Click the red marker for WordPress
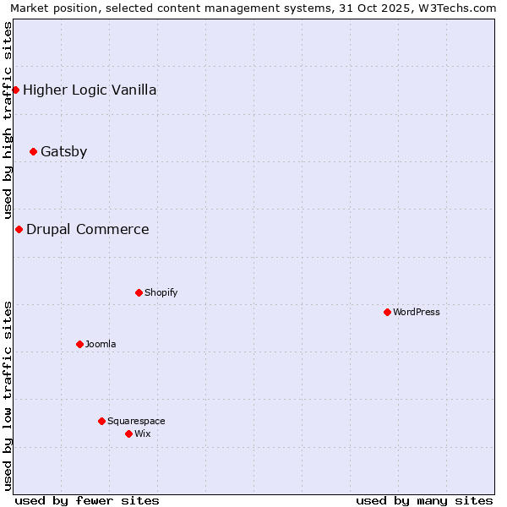[387, 312]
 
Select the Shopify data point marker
[139, 292]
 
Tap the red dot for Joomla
[79, 344]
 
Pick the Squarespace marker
[101, 421]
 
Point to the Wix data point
[128, 433]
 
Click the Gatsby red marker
[33, 152]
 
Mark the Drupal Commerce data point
[19, 229]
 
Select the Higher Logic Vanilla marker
[15, 90]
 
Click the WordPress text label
[417, 312]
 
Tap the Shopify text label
[161, 292]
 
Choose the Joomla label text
[101, 344]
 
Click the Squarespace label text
[136, 421]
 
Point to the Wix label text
[142, 433]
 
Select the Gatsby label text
[63, 152]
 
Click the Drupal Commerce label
[87, 229]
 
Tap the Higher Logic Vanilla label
[90, 90]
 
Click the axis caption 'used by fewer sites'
[87, 500]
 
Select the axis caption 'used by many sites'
[424, 500]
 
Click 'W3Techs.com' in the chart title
[460, 8]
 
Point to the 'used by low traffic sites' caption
[8, 395]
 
